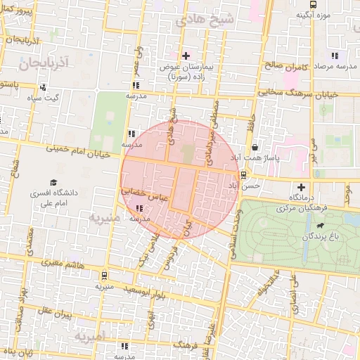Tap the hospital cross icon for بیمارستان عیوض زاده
[x=186, y=56]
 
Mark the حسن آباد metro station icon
[x=243, y=175]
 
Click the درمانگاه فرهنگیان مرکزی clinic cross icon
[x=302, y=187]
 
